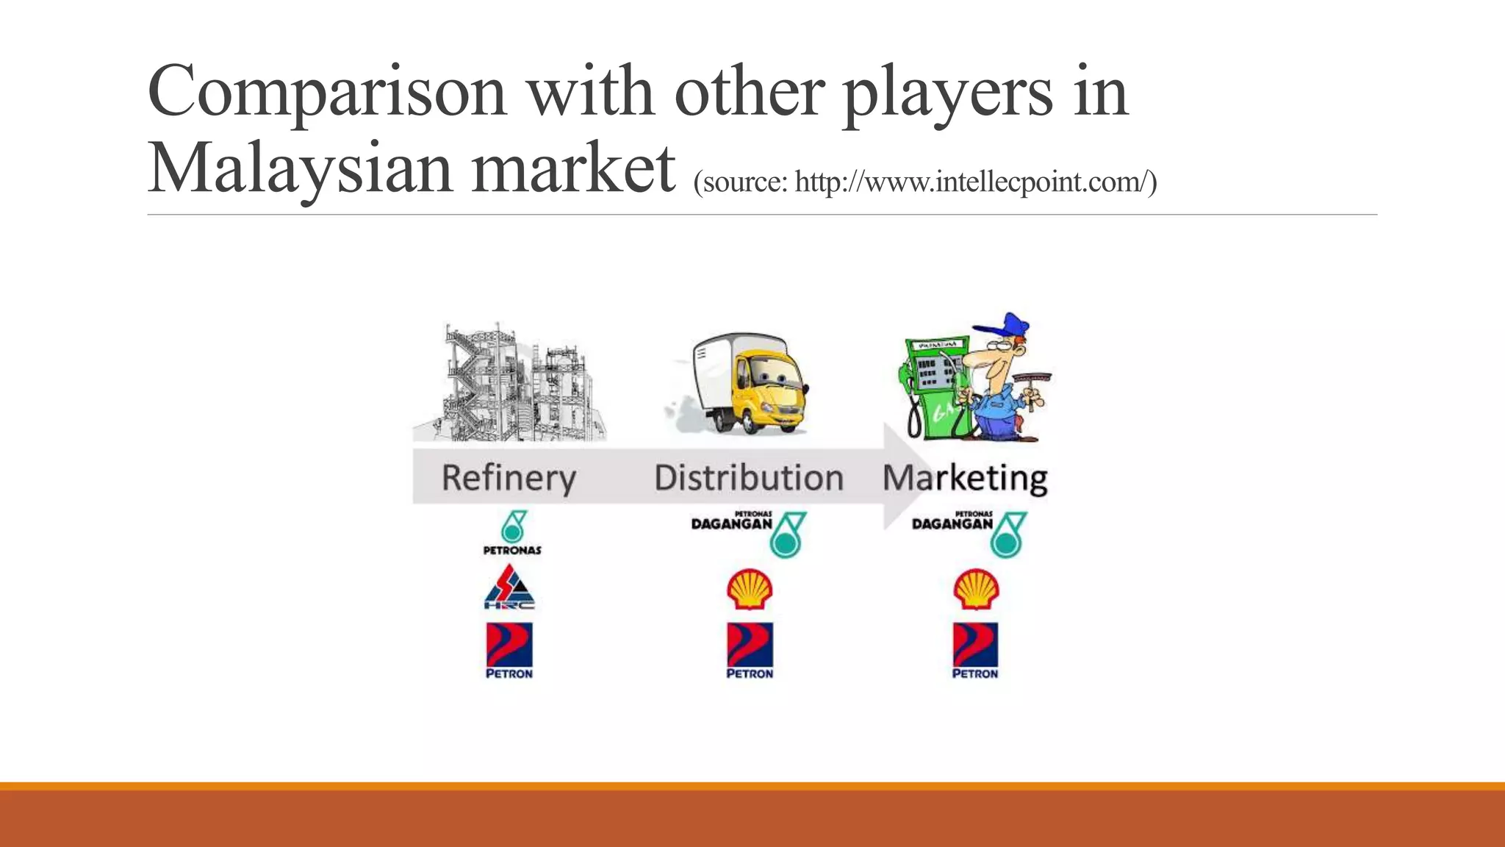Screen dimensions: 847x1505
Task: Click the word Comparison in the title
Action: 327,93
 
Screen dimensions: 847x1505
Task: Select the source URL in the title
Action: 924,182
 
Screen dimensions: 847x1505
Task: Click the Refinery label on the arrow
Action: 509,478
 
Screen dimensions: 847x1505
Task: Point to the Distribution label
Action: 748,478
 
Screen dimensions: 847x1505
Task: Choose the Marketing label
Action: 964,479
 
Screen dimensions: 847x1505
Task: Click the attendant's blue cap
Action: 1004,326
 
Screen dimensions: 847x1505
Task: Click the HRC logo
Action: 509,587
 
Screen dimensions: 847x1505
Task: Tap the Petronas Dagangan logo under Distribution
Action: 748,534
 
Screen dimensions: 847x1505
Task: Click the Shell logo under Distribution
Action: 750,589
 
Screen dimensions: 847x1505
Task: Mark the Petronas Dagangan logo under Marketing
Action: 969,534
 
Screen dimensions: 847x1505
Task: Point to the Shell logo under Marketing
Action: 975,589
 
